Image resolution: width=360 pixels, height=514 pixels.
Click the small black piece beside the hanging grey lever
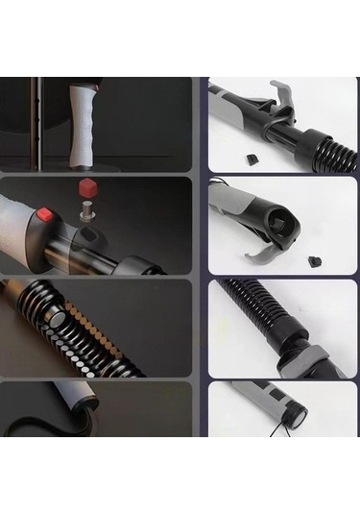[x=314, y=259]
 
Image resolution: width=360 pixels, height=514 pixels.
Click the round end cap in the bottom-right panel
[x=296, y=415]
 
